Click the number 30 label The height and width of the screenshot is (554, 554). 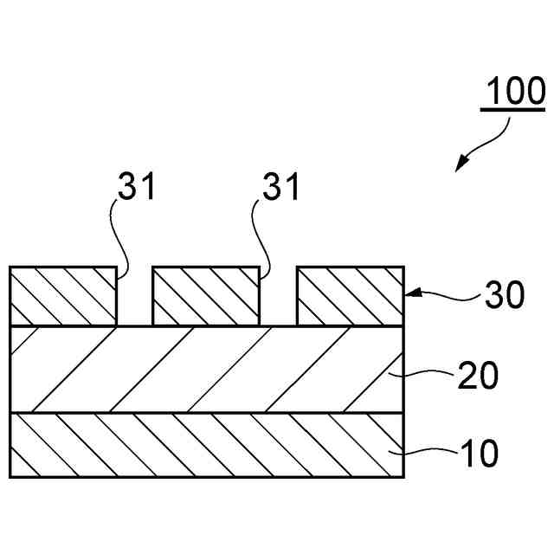[504, 296]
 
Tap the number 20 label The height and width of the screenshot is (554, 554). [477, 378]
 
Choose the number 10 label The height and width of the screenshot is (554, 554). [477, 454]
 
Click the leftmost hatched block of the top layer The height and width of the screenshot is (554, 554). [62, 296]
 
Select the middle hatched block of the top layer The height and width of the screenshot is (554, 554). [206, 296]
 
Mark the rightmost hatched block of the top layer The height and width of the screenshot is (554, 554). [350, 296]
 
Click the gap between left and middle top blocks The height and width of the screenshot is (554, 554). [134, 299]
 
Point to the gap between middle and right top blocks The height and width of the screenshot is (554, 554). [278, 299]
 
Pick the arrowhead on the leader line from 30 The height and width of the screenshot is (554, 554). [410, 293]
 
